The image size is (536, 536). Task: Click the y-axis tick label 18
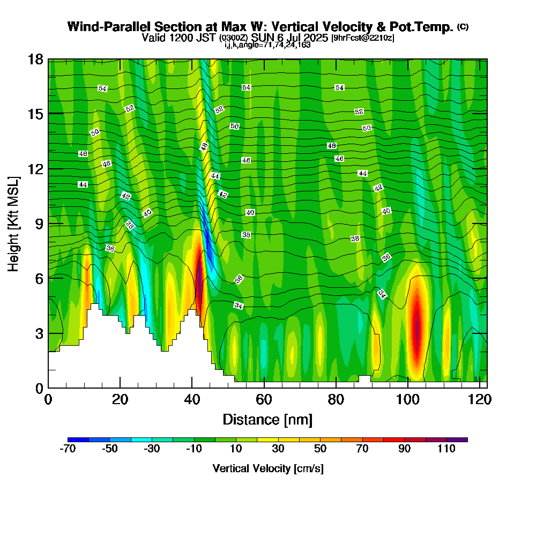point(35,59)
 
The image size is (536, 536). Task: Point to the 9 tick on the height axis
point(40,224)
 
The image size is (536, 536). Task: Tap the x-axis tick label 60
point(264,399)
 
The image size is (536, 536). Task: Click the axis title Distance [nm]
point(267,420)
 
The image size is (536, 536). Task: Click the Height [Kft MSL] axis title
point(14,224)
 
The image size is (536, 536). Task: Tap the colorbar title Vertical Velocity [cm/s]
point(268,468)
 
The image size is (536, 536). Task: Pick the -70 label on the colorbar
point(68,449)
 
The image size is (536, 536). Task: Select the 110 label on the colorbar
point(446,449)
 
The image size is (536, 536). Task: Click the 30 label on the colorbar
point(278,449)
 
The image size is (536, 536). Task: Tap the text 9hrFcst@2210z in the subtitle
point(363,38)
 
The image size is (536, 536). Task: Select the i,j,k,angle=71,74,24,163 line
point(267,45)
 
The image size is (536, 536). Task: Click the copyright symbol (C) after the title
point(463,27)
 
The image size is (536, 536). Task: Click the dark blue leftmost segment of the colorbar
point(78,440)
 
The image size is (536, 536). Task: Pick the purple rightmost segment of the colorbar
point(457,440)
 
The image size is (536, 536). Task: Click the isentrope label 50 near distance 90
point(367,128)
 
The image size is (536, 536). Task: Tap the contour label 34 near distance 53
point(239,306)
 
